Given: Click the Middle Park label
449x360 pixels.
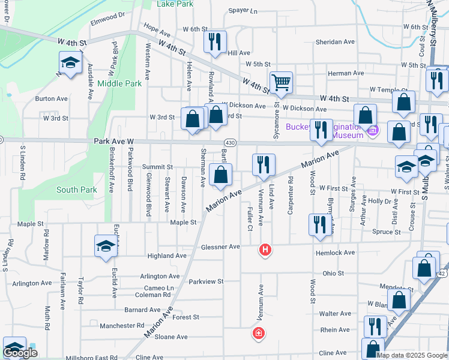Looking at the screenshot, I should tap(119, 83).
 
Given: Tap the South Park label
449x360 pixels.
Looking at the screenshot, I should tap(76, 190).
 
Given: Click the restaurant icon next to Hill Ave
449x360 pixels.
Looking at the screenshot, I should tap(214, 41).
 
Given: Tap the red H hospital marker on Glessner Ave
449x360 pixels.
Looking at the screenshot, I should tap(264, 250).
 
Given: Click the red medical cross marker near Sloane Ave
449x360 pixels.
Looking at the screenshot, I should tap(259, 333).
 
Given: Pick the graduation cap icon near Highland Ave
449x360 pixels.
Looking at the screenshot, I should tap(106, 246).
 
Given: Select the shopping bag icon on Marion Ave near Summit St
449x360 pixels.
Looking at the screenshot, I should tap(221, 175).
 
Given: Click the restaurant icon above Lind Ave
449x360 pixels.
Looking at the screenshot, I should tap(264, 164).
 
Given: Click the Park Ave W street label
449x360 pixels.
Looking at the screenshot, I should tap(113, 141).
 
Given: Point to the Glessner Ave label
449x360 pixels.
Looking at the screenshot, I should tap(220, 247).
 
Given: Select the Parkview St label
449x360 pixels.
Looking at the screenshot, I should tap(206, 281).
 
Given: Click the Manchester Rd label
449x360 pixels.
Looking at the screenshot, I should tap(122, 326).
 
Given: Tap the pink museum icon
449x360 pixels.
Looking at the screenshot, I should tap(373, 130).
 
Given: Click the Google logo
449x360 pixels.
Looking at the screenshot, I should tap(20, 353).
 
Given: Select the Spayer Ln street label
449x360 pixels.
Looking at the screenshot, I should tap(243, 11).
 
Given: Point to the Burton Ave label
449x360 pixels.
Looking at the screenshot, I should tap(51, 98).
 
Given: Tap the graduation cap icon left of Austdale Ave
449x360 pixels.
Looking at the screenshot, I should tap(70, 62).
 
